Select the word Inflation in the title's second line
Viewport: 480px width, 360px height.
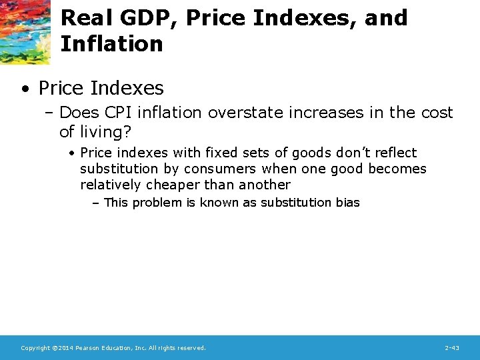coord(111,44)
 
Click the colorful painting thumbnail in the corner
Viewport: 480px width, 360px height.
coord(25,31)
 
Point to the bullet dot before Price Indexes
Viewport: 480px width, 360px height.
coord(24,88)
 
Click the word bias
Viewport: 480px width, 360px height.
coord(347,203)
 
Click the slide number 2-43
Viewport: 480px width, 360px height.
coord(451,348)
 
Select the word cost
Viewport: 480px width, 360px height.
coord(436,113)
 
